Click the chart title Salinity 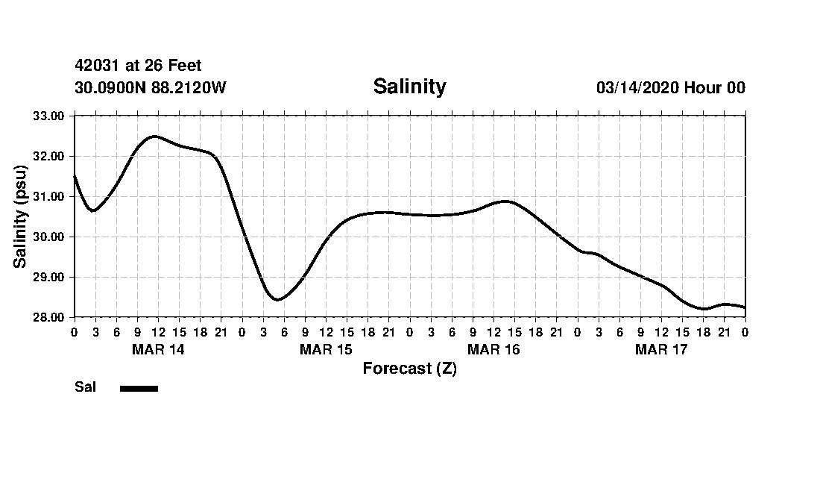coord(409,87)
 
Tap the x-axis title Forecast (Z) coord(409,369)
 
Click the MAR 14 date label coord(158,349)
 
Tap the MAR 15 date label coord(326,349)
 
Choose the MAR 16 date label coord(493,349)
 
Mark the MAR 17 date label coord(661,349)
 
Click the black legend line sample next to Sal coord(139,388)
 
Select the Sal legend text coord(85,387)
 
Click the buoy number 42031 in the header coord(97,66)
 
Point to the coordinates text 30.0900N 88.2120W coord(150,88)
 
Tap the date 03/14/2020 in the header coord(637,88)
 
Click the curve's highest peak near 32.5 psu coord(154,136)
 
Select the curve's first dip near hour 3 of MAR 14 coord(94,210)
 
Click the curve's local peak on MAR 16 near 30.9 coord(505,201)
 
